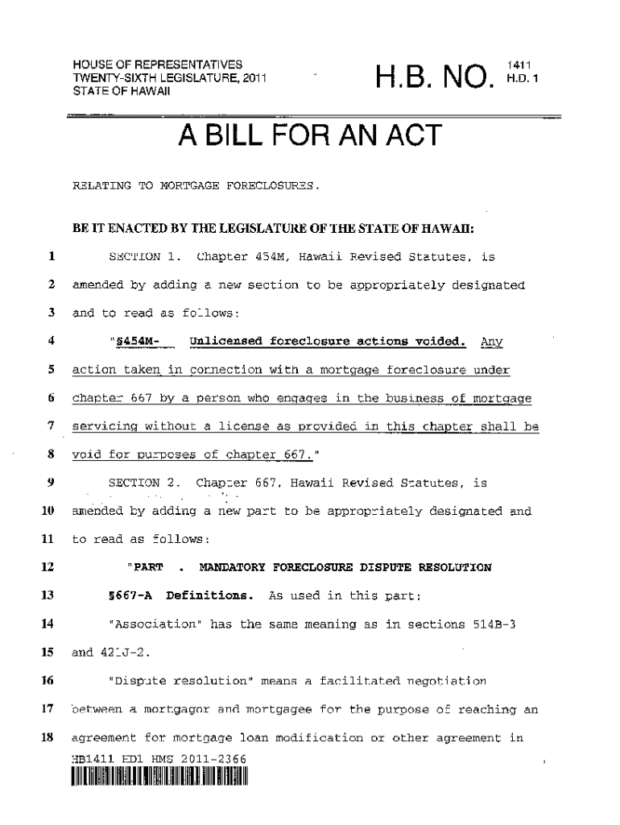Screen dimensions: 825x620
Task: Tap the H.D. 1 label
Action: tap(519, 78)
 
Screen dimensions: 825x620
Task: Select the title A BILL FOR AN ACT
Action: tap(310, 137)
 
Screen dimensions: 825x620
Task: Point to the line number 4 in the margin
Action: tap(51, 341)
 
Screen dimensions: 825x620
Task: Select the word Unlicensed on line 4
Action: tap(224, 341)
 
